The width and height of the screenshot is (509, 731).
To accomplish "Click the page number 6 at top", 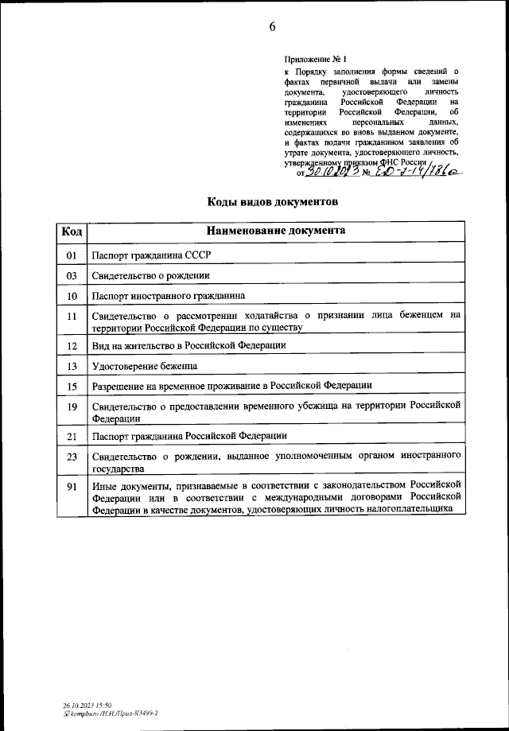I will click(x=272, y=26).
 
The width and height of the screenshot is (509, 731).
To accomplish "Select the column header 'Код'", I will click(x=72, y=231).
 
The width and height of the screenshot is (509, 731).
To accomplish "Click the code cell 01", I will click(x=72, y=255).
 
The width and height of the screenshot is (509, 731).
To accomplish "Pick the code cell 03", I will click(x=72, y=275).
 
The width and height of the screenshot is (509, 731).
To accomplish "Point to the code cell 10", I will click(x=72, y=296).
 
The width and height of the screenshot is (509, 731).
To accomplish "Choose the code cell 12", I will click(x=72, y=346).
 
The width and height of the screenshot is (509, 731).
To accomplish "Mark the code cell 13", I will click(x=72, y=366).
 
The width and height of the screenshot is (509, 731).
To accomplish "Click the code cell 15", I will click(x=72, y=386).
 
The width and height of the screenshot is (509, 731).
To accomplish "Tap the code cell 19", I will click(x=72, y=407).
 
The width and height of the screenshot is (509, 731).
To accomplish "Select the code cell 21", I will click(x=72, y=436).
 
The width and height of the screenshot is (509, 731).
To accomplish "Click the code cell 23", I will click(x=72, y=457).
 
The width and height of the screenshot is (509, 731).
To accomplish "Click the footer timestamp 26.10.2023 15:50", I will click(x=87, y=705).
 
